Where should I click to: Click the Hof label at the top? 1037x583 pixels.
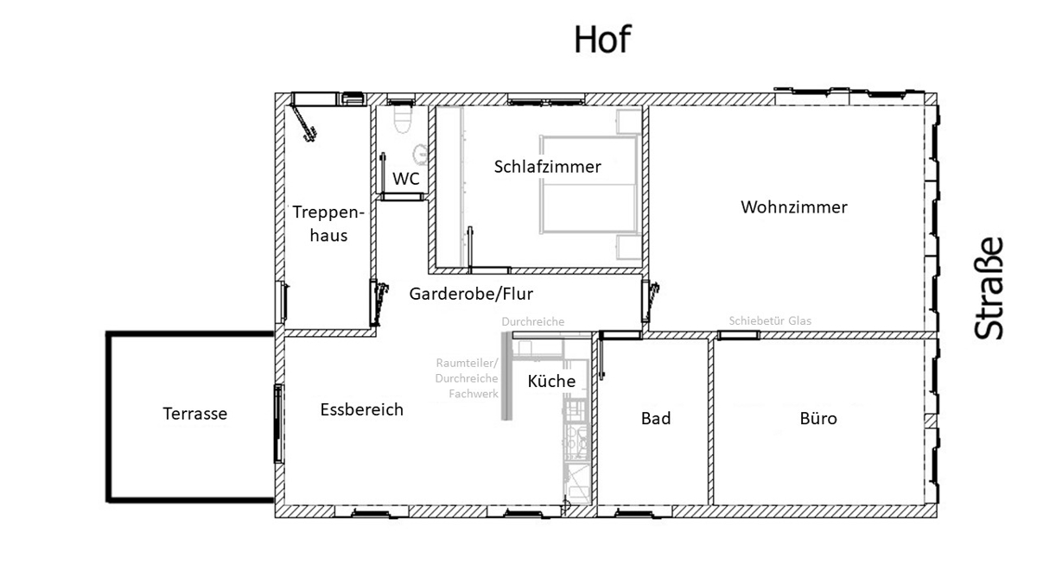click(x=602, y=40)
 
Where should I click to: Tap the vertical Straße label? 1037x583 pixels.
click(x=989, y=288)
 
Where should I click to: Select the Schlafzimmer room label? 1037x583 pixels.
click(x=547, y=167)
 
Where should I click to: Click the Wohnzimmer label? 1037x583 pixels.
click(x=794, y=206)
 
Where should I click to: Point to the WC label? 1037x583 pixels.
click(x=406, y=179)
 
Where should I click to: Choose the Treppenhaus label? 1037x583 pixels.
click(x=328, y=224)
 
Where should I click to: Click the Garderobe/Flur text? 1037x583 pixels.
click(x=471, y=294)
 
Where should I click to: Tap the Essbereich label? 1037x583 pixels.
click(x=361, y=409)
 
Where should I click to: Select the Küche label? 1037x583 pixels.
click(x=551, y=381)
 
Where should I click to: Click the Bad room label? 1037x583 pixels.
click(x=656, y=418)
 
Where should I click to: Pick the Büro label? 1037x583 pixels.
click(x=818, y=418)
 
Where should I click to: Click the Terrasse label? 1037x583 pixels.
click(x=195, y=413)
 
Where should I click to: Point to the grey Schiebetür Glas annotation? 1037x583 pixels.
click(x=770, y=320)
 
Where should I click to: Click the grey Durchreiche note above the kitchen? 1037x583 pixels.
click(x=533, y=321)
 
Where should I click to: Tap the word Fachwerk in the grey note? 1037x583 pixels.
click(x=474, y=394)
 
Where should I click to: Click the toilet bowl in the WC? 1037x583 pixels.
click(x=403, y=119)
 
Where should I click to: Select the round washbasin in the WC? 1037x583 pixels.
click(x=420, y=154)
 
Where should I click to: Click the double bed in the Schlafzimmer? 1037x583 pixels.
click(x=588, y=185)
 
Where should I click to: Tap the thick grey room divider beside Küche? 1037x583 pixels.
click(x=507, y=376)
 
